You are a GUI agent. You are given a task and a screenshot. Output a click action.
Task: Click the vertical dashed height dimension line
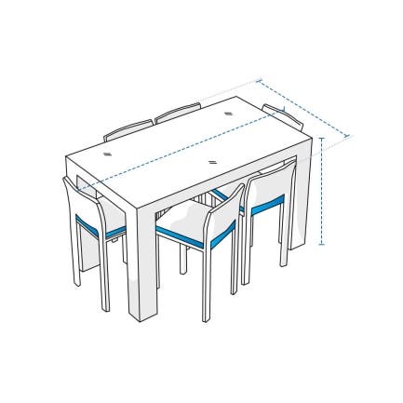(321, 191)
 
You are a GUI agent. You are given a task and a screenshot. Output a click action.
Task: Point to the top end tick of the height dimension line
(321, 138)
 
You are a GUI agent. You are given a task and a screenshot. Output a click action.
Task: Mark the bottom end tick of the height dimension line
(321, 245)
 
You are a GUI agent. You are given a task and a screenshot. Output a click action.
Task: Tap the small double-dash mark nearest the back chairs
(229, 114)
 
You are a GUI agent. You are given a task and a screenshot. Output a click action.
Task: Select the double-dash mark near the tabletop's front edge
(215, 163)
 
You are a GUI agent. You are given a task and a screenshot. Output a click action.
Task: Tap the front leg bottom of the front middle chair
(205, 316)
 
